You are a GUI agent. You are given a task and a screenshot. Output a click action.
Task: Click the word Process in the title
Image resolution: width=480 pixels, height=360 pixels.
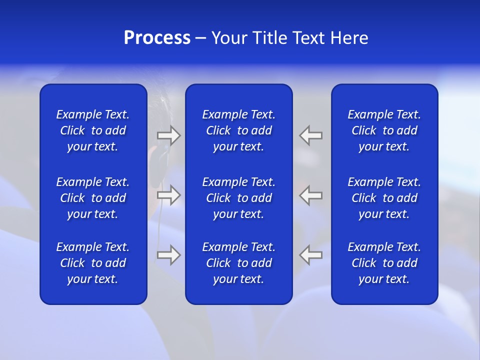[x=157, y=38]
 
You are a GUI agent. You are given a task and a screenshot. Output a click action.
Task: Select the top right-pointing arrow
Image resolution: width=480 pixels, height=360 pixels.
[x=169, y=135]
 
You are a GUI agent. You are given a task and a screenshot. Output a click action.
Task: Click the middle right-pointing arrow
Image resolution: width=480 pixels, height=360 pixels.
[x=169, y=195]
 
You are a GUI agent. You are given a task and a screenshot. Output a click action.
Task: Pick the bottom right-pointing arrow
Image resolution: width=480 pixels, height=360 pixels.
[x=169, y=255]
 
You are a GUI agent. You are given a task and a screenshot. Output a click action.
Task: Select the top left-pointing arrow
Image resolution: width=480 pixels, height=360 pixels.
[x=311, y=135]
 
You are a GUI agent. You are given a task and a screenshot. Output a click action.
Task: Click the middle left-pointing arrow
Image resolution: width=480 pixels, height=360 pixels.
[x=311, y=195]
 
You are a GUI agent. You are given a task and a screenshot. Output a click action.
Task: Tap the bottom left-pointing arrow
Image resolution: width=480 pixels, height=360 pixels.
[x=311, y=255]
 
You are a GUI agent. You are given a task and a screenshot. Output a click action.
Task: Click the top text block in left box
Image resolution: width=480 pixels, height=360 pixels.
[x=93, y=130]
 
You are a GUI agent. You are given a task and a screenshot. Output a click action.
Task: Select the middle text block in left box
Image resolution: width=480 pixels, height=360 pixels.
[x=93, y=198]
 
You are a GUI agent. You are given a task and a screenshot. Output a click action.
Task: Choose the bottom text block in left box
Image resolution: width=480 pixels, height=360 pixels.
[x=93, y=263]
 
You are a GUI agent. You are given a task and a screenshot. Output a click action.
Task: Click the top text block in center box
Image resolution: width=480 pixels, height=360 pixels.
[x=238, y=130]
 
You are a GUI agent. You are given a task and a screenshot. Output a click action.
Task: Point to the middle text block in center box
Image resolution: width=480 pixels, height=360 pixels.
[x=238, y=198]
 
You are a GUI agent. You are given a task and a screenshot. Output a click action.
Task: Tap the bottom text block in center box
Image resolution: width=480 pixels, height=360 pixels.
[x=238, y=263]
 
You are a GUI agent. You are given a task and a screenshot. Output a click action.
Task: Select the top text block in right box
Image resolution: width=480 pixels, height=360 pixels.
[x=384, y=130]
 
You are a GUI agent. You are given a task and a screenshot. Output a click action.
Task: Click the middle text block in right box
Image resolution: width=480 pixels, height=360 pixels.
[x=384, y=198]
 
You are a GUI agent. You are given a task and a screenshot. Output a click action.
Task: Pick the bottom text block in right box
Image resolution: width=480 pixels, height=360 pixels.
[x=384, y=263]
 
